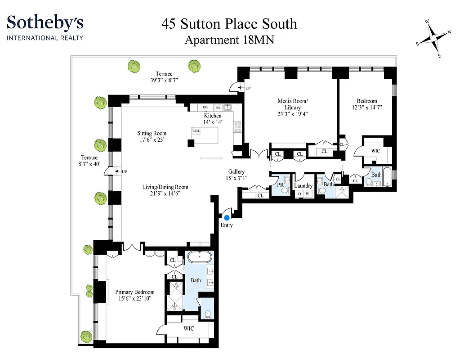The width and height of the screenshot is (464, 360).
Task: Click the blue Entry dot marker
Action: (x=227, y=218)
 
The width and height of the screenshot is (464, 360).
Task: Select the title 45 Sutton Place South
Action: (x=229, y=24)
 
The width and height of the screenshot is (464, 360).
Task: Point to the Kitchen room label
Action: (x=213, y=116)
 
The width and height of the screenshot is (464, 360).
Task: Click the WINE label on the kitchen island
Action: (x=196, y=131)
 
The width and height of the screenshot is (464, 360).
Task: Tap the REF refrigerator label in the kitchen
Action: (x=205, y=108)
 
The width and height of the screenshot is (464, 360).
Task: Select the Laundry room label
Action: (x=303, y=186)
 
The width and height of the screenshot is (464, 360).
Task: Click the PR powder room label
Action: (x=280, y=184)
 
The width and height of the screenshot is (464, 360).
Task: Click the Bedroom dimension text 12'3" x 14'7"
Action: (x=367, y=108)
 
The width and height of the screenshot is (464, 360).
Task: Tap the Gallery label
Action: (x=236, y=172)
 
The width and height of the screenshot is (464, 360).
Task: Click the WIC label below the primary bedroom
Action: (x=189, y=328)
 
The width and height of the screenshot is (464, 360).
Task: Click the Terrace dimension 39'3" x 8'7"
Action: (x=164, y=81)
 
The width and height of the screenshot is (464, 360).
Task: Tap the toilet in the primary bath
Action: (x=207, y=314)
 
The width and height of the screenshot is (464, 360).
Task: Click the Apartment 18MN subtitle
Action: (x=229, y=40)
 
